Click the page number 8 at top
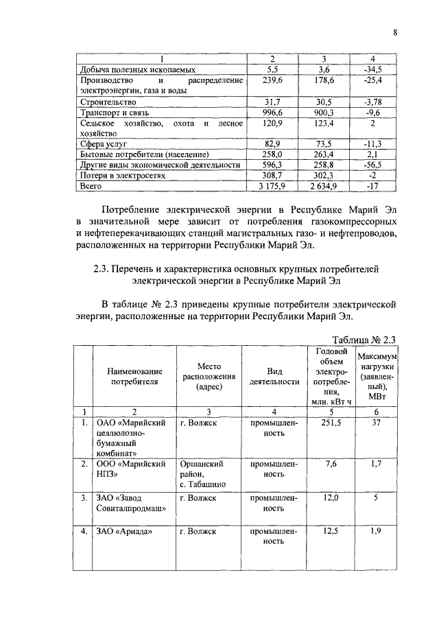coord(395,32)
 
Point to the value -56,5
coord(372,165)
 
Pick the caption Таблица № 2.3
coord(364,339)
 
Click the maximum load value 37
coord(376,423)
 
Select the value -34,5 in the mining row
coord(372,70)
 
